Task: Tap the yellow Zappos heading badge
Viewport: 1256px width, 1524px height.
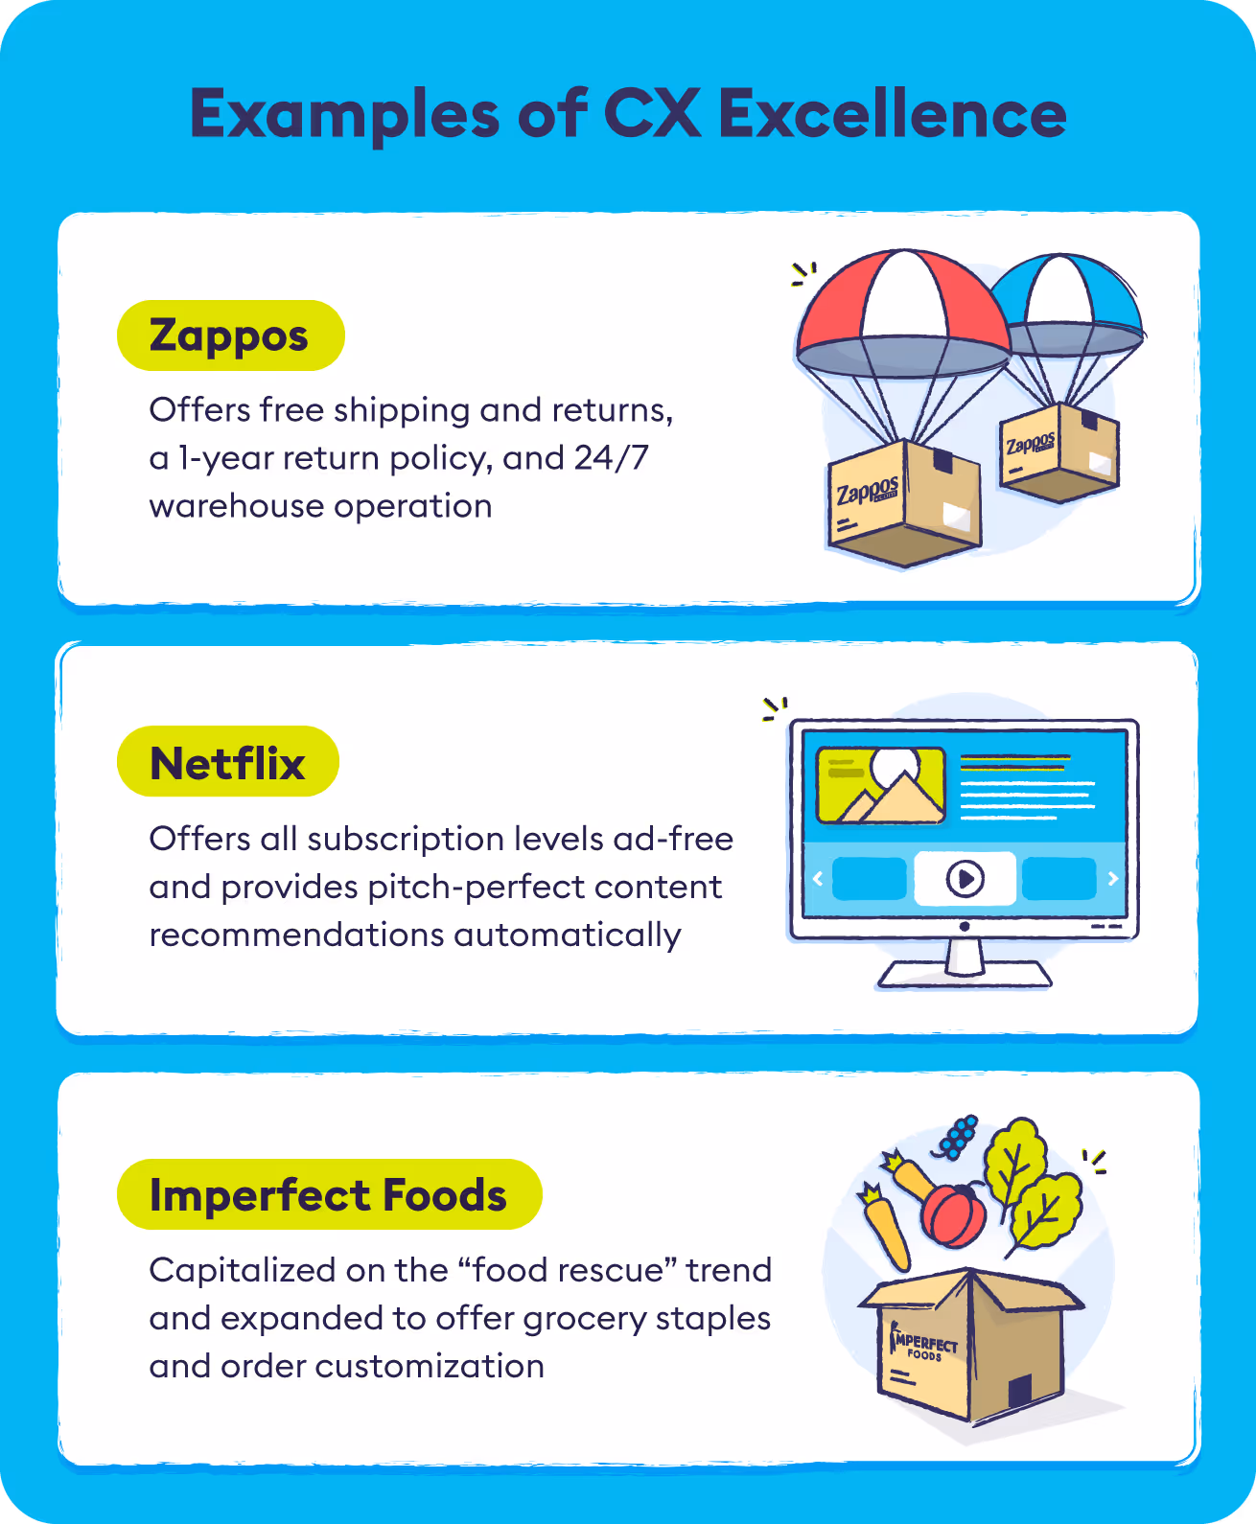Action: [230, 335]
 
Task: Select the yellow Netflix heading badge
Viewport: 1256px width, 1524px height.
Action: [228, 763]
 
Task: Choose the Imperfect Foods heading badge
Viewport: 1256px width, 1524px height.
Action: [329, 1195]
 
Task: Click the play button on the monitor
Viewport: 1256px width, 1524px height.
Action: [965, 878]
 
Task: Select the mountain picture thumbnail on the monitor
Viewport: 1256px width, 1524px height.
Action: [880, 785]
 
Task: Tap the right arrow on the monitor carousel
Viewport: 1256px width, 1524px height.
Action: [1113, 878]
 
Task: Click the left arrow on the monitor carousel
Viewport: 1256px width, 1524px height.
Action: [818, 878]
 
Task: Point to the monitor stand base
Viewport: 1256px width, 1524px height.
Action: [965, 974]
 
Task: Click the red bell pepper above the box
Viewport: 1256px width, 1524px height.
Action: [954, 1215]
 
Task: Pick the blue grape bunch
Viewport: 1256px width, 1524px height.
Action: [958, 1137]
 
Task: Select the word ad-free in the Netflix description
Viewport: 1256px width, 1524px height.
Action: [673, 839]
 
